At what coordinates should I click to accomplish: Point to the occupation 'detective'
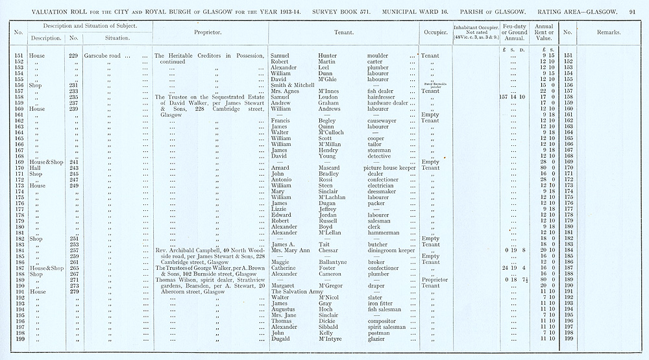click(380, 156)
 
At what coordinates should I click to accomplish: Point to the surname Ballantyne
click(318, 261)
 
